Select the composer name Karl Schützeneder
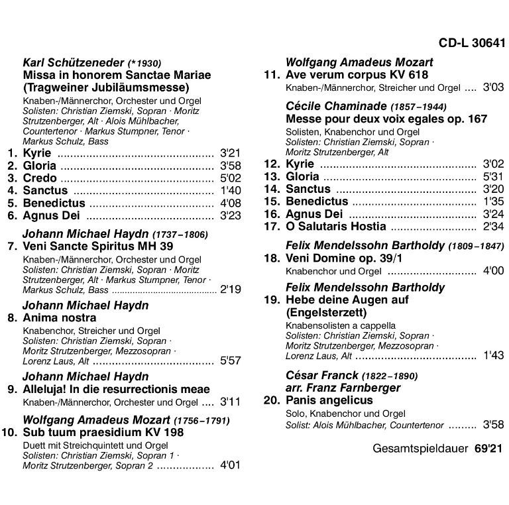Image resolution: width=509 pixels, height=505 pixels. pyautogui.click(x=73, y=63)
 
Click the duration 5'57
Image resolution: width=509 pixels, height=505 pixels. pyautogui.click(x=230, y=362)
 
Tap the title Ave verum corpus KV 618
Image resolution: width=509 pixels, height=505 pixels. pyautogui.click(x=357, y=75)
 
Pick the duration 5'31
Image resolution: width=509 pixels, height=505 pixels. pyautogui.click(x=494, y=176)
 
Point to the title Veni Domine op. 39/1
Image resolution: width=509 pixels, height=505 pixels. pyautogui.click(x=344, y=258)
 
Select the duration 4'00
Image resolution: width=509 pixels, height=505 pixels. pyautogui.click(x=494, y=271)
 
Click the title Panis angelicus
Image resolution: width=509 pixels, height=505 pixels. pyautogui.click(x=329, y=400)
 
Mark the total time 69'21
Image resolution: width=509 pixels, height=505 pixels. pyautogui.click(x=490, y=448)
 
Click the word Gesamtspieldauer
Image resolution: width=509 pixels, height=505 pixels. pyautogui.click(x=419, y=448)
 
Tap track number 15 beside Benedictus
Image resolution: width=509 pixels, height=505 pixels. pyautogui.click(x=272, y=201)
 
